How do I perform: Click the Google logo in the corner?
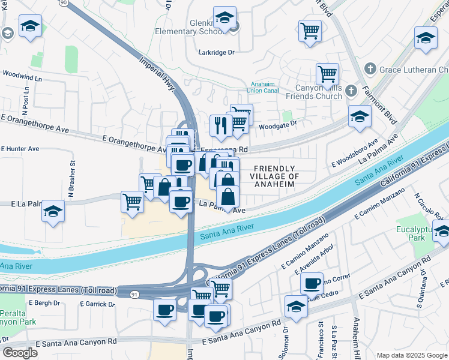coord(20,353)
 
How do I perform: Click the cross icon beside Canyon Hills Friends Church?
coord(352,91)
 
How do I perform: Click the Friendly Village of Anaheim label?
coord(276,176)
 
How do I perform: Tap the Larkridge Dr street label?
coord(216,52)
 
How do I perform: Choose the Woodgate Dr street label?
coord(278,125)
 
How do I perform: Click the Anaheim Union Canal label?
coord(268,88)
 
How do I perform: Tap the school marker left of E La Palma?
coord(53,212)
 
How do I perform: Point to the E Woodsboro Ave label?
coord(355,154)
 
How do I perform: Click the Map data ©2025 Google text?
coord(411,355)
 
